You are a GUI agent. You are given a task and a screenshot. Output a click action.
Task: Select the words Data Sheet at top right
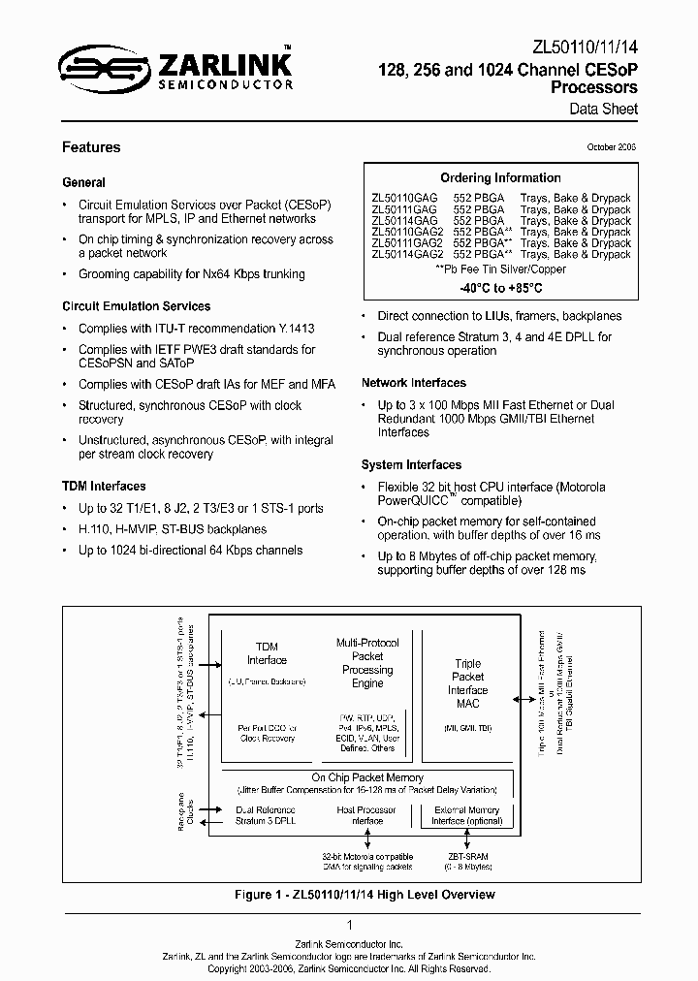click(x=603, y=109)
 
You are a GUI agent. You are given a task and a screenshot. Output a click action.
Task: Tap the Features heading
click(x=91, y=147)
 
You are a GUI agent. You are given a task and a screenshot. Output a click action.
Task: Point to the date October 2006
click(x=612, y=147)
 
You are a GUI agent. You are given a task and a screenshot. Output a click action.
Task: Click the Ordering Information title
click(x=500, y=178)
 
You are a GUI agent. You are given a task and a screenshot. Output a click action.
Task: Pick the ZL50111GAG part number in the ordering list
click(x=403, y=209)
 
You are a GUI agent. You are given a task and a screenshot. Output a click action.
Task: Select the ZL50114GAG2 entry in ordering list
click(x=407, y=254)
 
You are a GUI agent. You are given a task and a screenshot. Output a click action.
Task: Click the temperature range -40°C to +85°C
click(x=500, y=289)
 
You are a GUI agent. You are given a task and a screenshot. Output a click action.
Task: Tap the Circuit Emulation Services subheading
click(x=137, y=306)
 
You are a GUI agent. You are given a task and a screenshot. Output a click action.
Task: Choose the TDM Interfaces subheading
click(x=104, y=486)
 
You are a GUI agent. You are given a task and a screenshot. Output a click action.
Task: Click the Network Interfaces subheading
click(x=414, y=383)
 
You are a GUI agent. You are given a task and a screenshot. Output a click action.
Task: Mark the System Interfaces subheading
click(x=411, y=465)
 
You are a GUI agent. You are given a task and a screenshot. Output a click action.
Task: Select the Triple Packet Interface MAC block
click(x=468, y=683)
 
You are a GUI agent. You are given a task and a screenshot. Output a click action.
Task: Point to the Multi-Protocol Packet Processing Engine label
click(x=367, y=663)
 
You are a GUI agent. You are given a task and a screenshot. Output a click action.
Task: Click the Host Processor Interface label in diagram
click(x=366, y=815)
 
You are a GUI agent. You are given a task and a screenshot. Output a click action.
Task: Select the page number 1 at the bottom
click(x=349, y=926)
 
